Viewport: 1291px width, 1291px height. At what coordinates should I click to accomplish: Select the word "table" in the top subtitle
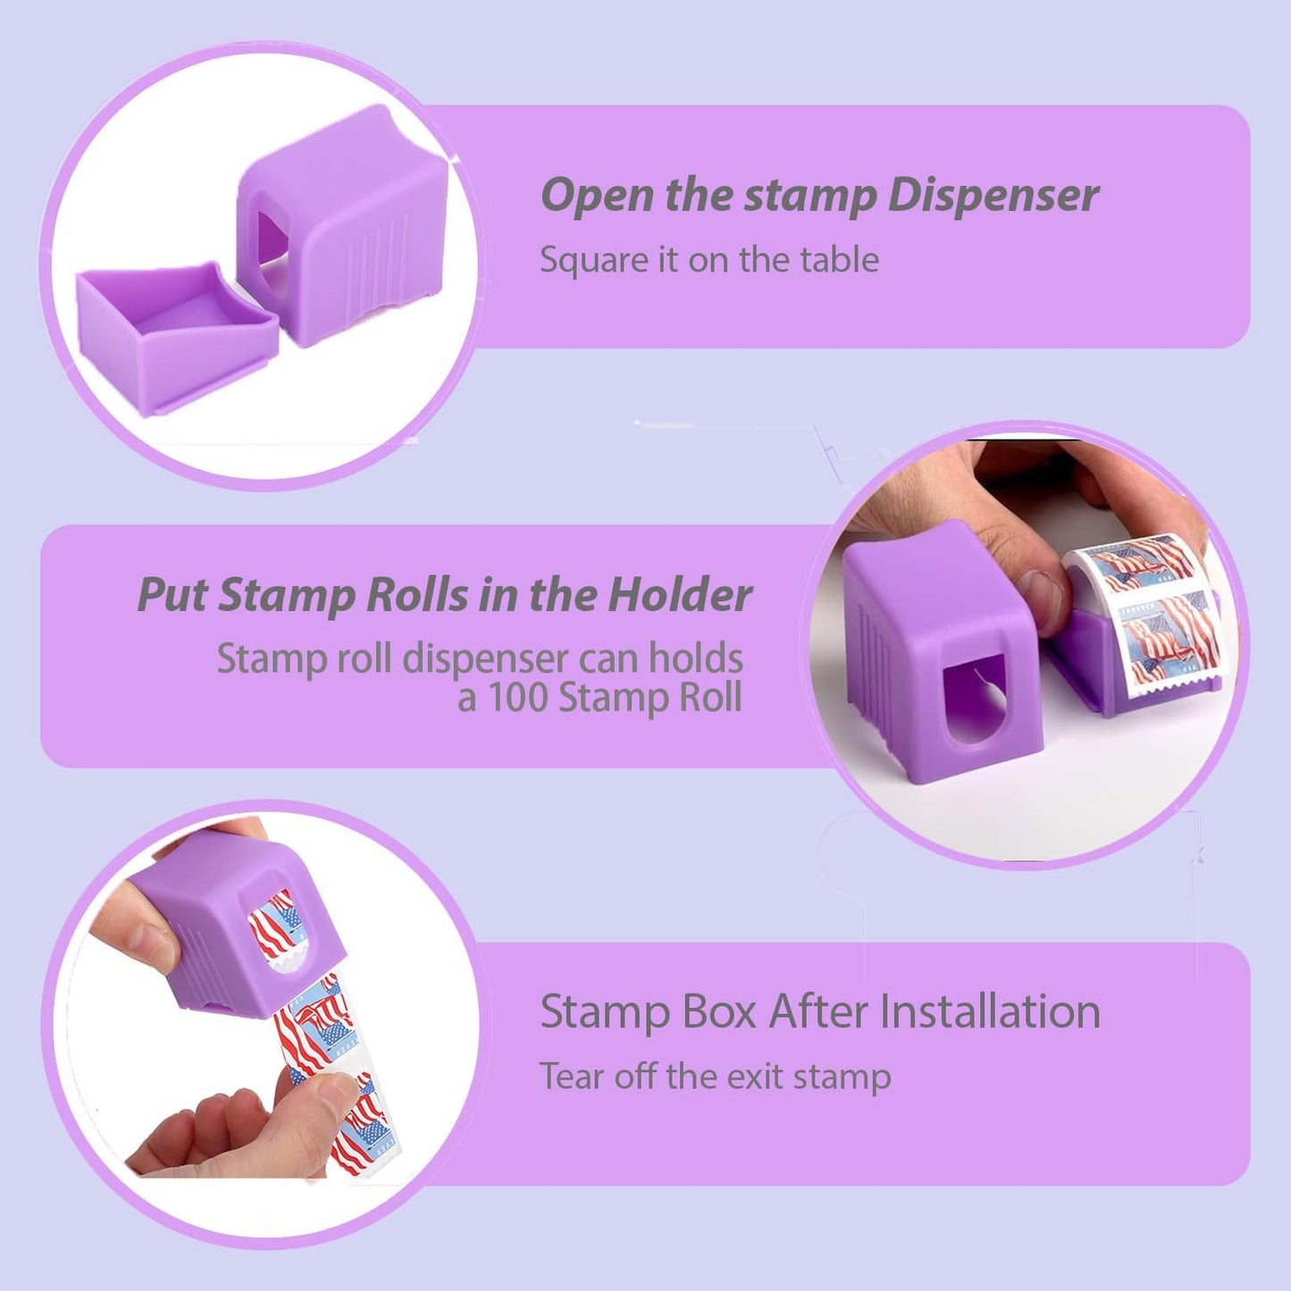coord(839,260)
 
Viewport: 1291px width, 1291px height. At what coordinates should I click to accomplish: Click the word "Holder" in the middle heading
coord(680,595)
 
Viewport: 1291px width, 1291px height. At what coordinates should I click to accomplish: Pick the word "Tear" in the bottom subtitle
coord(572,1077)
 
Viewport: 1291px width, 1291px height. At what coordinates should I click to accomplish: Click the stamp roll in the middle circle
coord(1144,616)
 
